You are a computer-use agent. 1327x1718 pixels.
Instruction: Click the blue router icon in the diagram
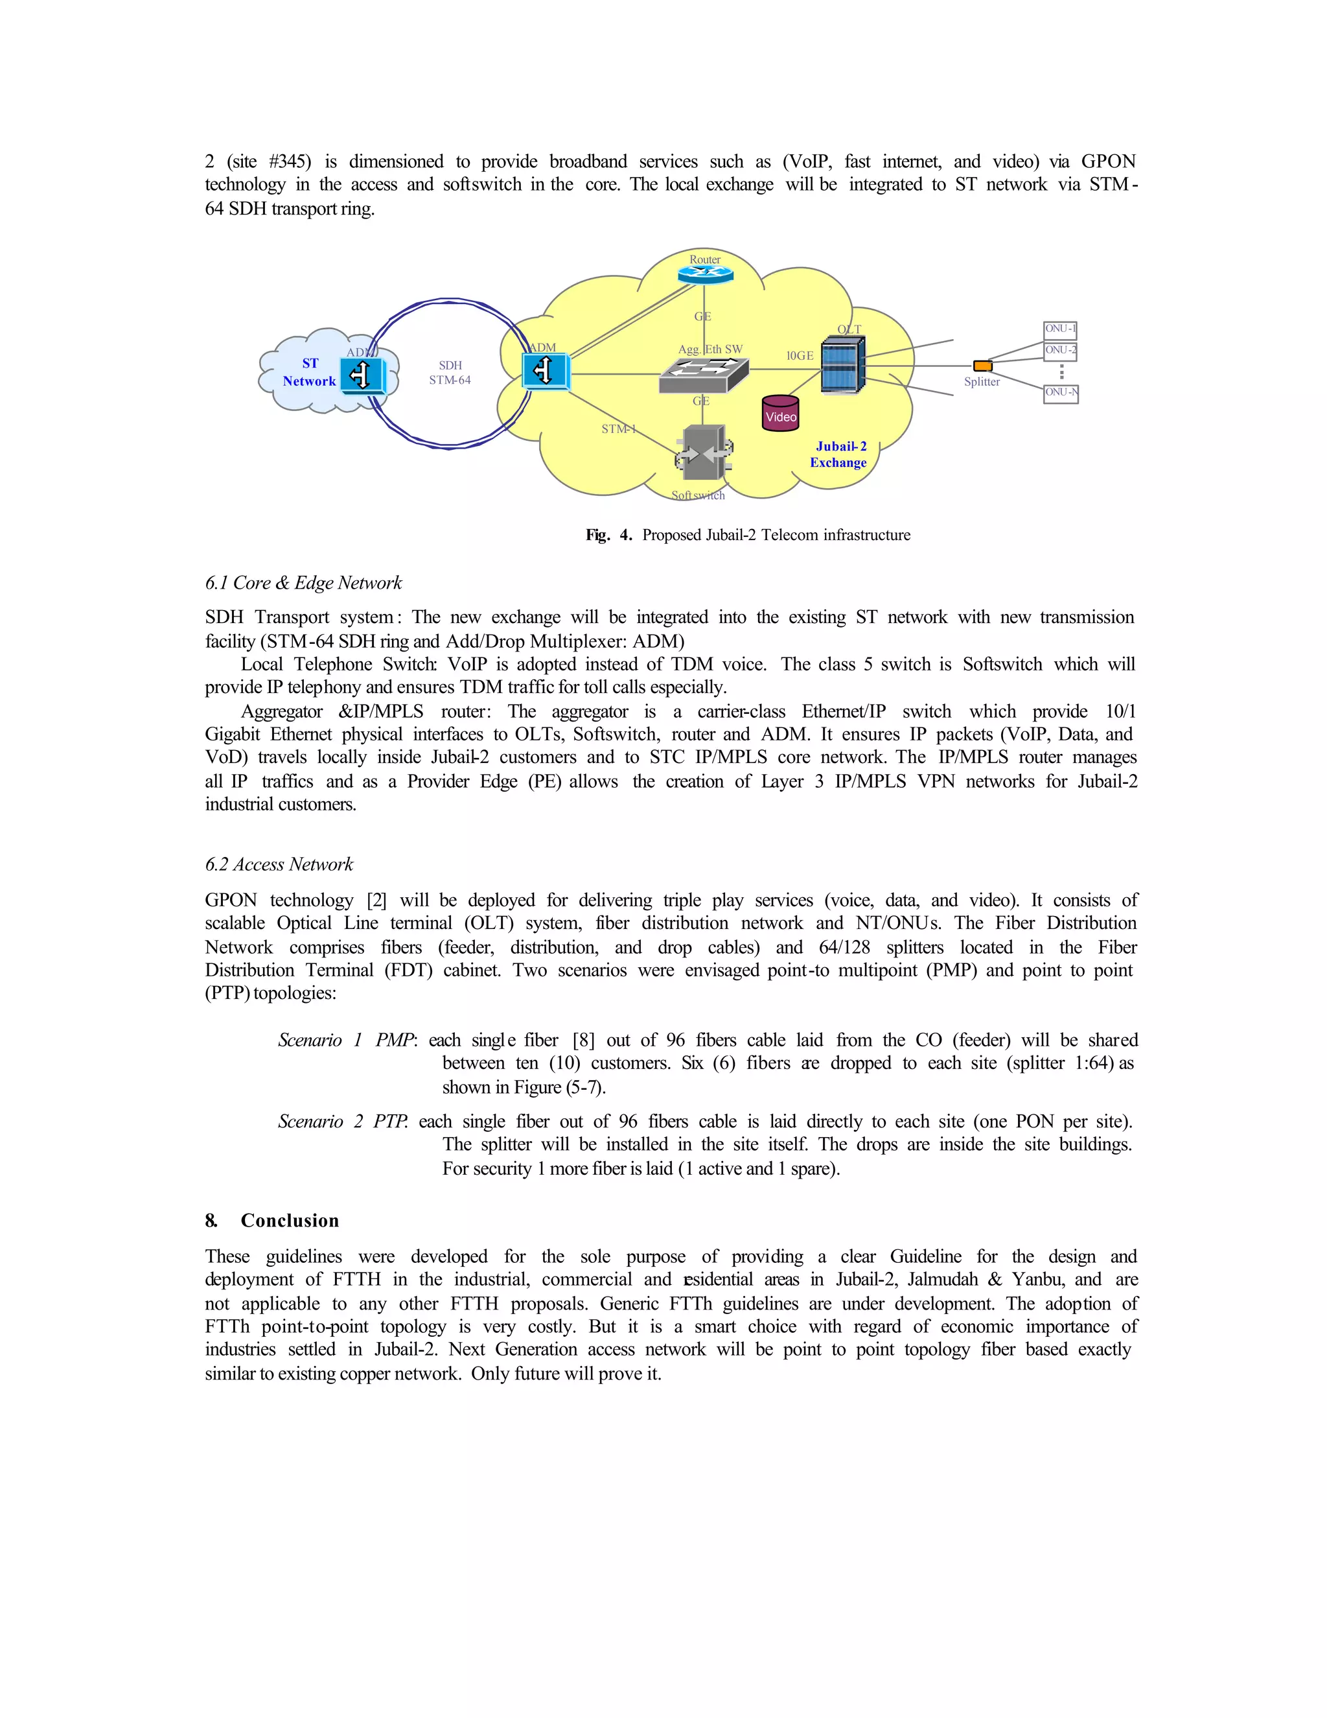pyautogui.click(x=705, y=274)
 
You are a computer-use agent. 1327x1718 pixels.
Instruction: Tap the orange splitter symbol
pyautogui.click(x=983, y=366)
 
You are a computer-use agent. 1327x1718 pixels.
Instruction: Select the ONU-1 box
pyautogui.click(x=1059, y=329)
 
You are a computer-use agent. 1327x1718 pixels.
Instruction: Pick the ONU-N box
pyautogui.click(x=1061, y=392)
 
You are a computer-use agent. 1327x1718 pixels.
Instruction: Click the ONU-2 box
pyautogui.click(x=1059, y=350)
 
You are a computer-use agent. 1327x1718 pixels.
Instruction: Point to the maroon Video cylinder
pyautogui.click(x=781, y=414)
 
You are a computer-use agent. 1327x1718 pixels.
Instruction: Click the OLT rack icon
pyautogui.click(x=843, y=365)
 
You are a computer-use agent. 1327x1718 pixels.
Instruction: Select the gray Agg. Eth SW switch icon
pyautogui.click(x=703, y=375)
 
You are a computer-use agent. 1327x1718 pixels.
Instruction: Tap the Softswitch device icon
pyautogui.click(x=704, y=453)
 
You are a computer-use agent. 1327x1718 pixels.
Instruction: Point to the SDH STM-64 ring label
pyautogui.click(x=450, y=373)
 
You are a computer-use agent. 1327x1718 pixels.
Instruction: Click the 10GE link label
pyautogui.click(x=800, y=355)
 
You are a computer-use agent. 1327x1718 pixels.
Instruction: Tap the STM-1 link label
pyautogui.click(x=619, y=429)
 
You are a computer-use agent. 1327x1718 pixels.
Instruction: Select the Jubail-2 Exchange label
pyautogui.click(x=839, y=454)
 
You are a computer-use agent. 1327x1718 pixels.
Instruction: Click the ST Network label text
pyautogui.click(x=309, y=372)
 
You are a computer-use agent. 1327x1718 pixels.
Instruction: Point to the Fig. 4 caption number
pyautogui.click(x=626, y=535)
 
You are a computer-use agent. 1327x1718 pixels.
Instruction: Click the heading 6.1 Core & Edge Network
pyautogui.click(x=303, y=583)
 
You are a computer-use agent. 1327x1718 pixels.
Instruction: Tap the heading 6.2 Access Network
pyautogui.click(x=279, y=864)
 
